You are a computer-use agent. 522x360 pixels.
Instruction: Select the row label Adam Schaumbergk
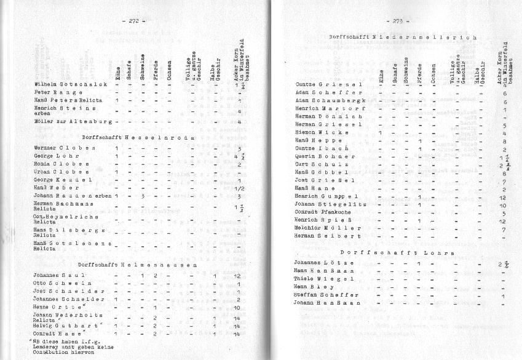click(331, 100)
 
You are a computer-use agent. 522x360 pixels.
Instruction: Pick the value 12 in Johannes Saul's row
click(237, 276)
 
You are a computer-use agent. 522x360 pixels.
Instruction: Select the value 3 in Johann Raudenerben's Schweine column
click(142, 196)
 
